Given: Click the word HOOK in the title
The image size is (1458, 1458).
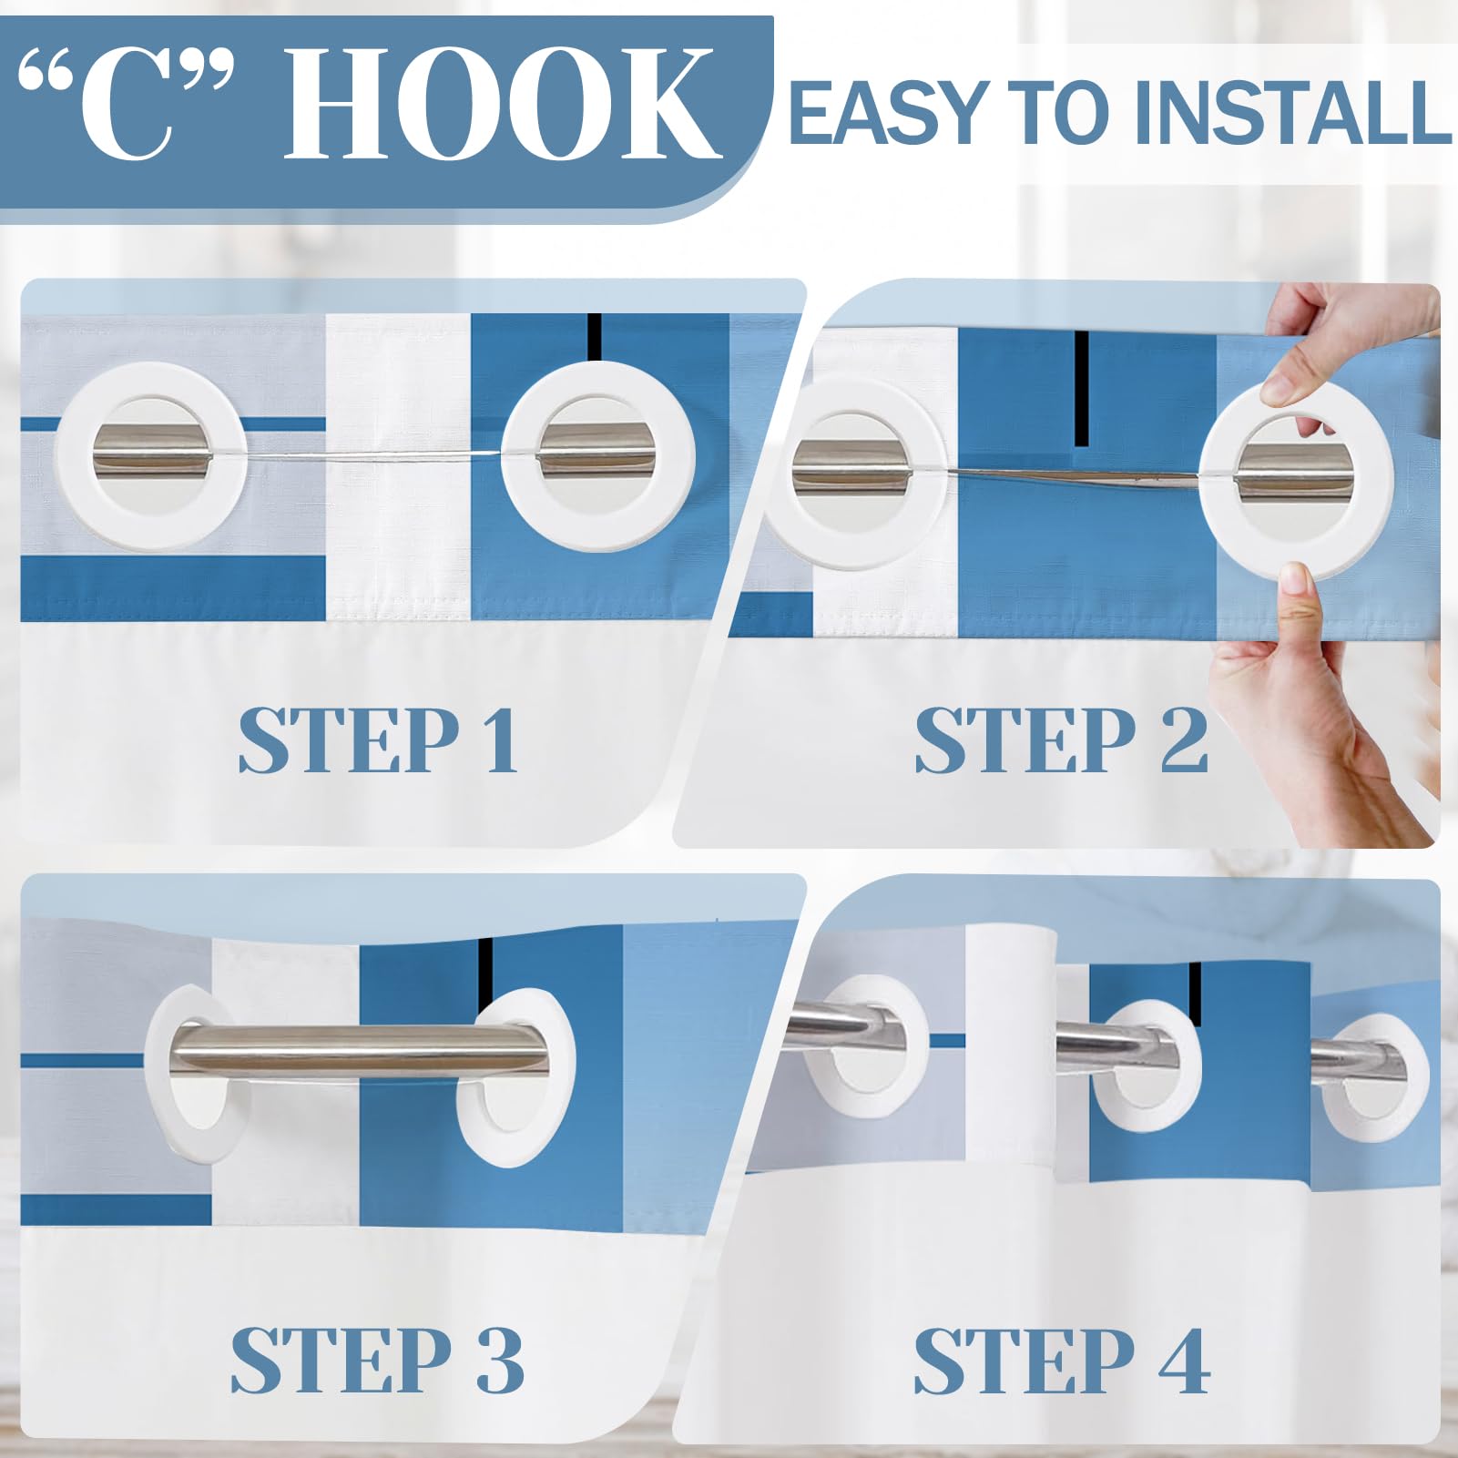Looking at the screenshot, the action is [504, 104].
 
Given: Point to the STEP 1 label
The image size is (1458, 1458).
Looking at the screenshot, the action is [378, 740].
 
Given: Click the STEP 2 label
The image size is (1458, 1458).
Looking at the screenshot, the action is [1061, 740].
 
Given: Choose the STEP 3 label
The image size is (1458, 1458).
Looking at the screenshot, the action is [377, 1360].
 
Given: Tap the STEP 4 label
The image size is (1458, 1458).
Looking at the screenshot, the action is [1062, 1360].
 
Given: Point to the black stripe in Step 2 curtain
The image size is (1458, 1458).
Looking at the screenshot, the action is [1082, 388].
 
